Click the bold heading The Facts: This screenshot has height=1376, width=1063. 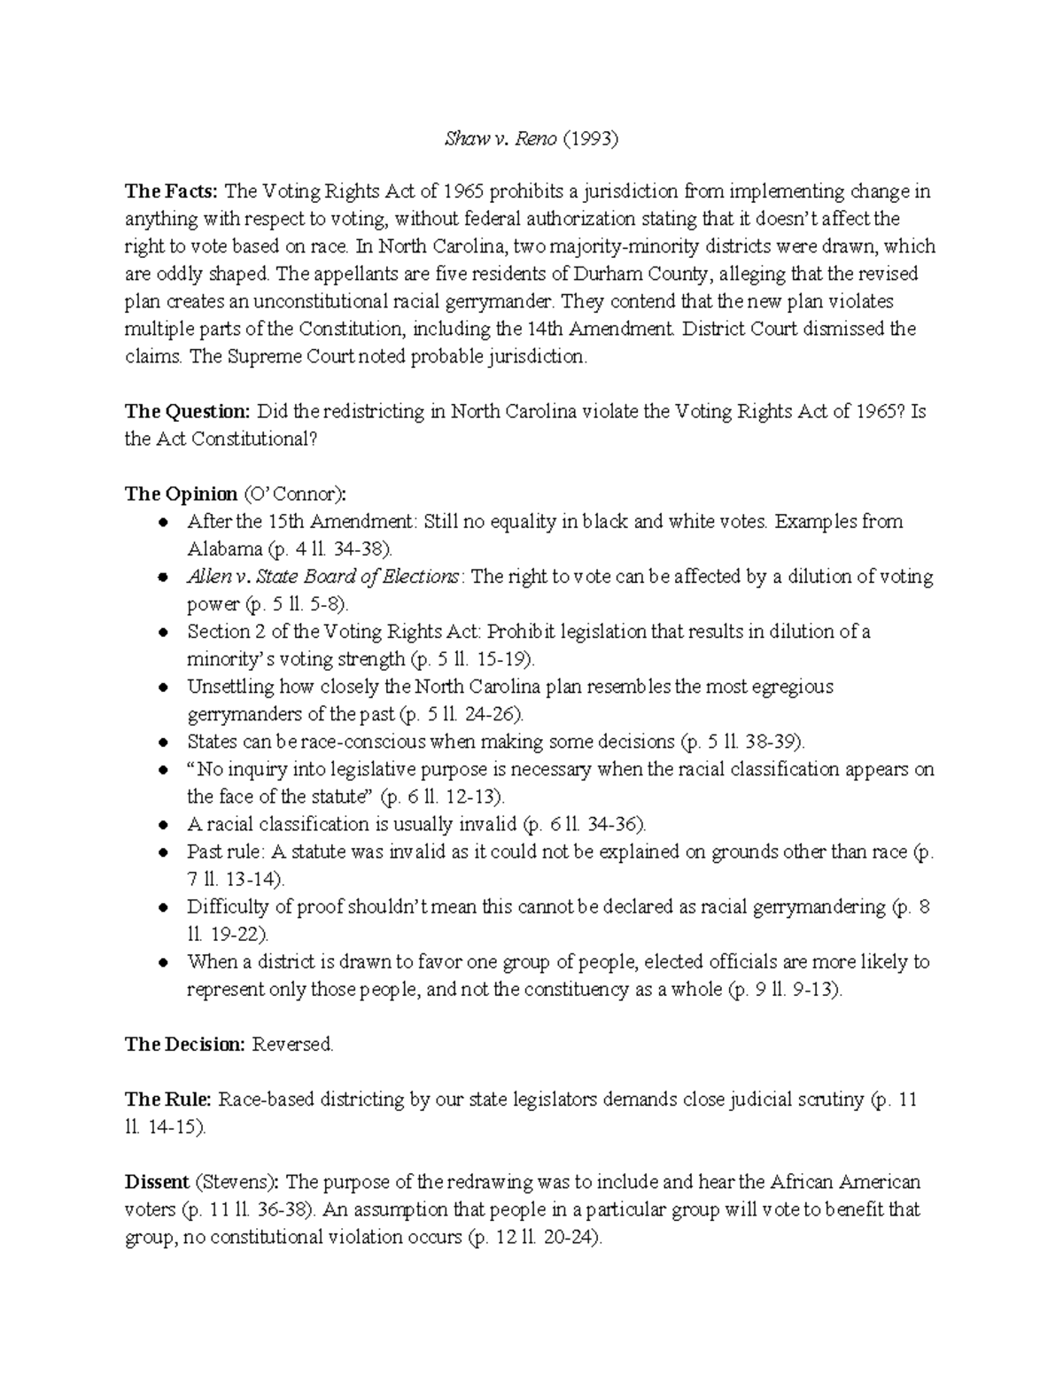[x=171, y=191]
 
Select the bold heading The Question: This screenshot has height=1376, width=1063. [x=187, y=411]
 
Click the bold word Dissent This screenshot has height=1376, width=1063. [x=157, y=1182]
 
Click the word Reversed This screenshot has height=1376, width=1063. [x=293, y=1044]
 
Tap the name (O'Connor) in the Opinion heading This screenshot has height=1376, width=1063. [x=296, y=494]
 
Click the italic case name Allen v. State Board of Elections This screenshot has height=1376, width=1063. [x=323, y=577]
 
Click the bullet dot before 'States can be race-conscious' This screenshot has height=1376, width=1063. [x=161, y=742]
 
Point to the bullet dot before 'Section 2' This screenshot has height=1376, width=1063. [x=161, y=633]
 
